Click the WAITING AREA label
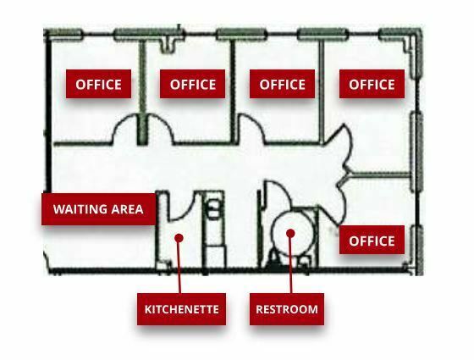coord(98,209)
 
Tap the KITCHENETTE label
coord(181,309)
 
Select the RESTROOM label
coord(287,309)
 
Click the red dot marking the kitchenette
coord(179,238)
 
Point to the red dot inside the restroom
coord(290,233)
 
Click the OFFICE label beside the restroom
coord(372,241)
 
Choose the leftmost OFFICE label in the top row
coord(98,84)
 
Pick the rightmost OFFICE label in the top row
coord(372,84)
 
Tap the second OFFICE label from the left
coord(193,84)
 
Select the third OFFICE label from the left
coord(282,84)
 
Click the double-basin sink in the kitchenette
coord(214,209)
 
